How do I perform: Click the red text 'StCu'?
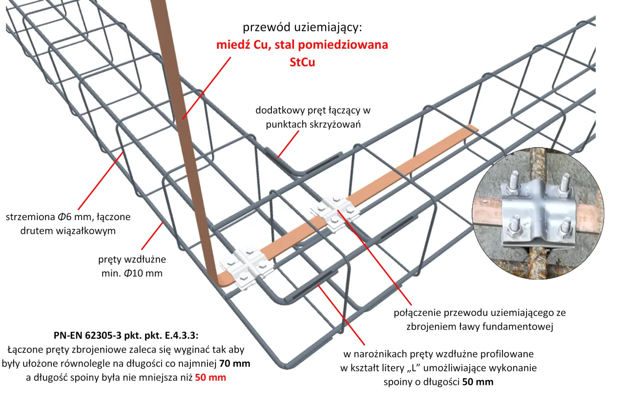[301, 62]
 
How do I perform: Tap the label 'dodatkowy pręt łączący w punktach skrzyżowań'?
[313, 117]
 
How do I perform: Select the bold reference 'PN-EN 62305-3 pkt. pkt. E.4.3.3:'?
[126, 336]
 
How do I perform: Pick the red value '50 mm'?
[210, 377]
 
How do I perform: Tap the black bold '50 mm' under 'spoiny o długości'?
[477, 382]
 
